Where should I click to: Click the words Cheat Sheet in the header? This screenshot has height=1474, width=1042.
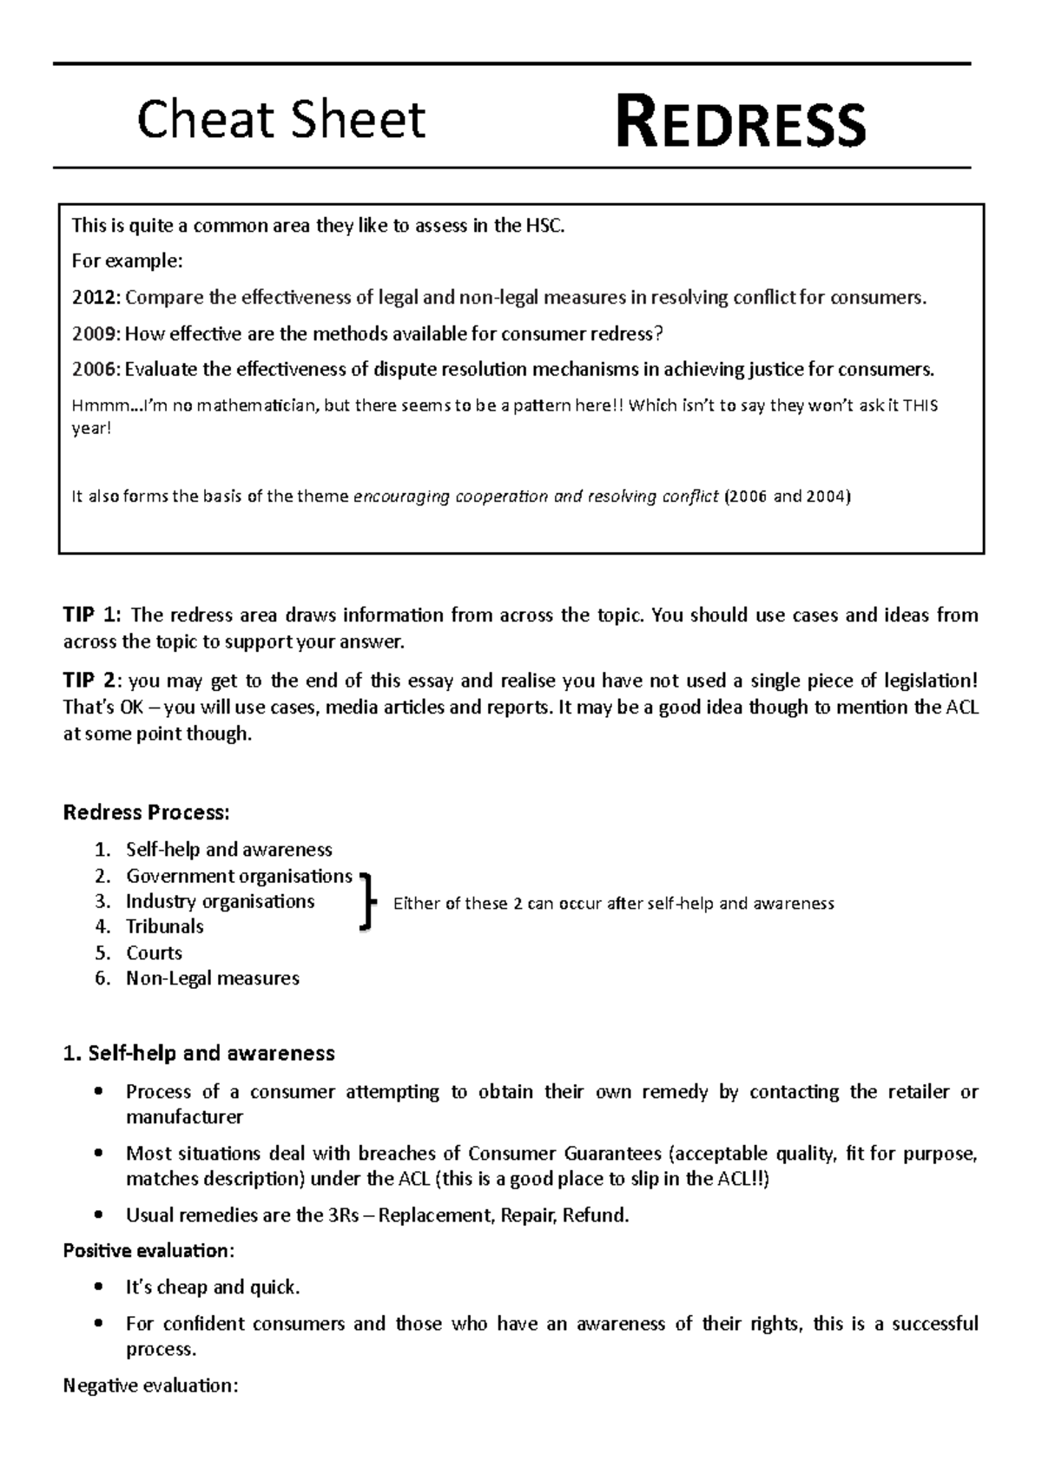281,120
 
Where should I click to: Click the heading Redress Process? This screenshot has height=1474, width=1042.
147,813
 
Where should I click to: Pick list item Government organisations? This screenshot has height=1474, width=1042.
239,876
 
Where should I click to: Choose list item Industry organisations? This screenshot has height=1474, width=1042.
220,901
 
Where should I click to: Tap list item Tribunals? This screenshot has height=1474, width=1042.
164,926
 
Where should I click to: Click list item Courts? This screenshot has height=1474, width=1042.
154,952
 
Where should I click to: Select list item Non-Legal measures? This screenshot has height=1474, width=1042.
213,978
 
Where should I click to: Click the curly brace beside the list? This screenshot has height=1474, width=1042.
367,903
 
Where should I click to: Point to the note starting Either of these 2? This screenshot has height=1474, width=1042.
613,904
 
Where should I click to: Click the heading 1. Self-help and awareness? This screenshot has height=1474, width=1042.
199,1053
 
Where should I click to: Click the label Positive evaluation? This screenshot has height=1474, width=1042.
148,1251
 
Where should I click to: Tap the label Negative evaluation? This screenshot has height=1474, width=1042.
150,1385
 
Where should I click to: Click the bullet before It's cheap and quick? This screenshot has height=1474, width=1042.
101,1287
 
